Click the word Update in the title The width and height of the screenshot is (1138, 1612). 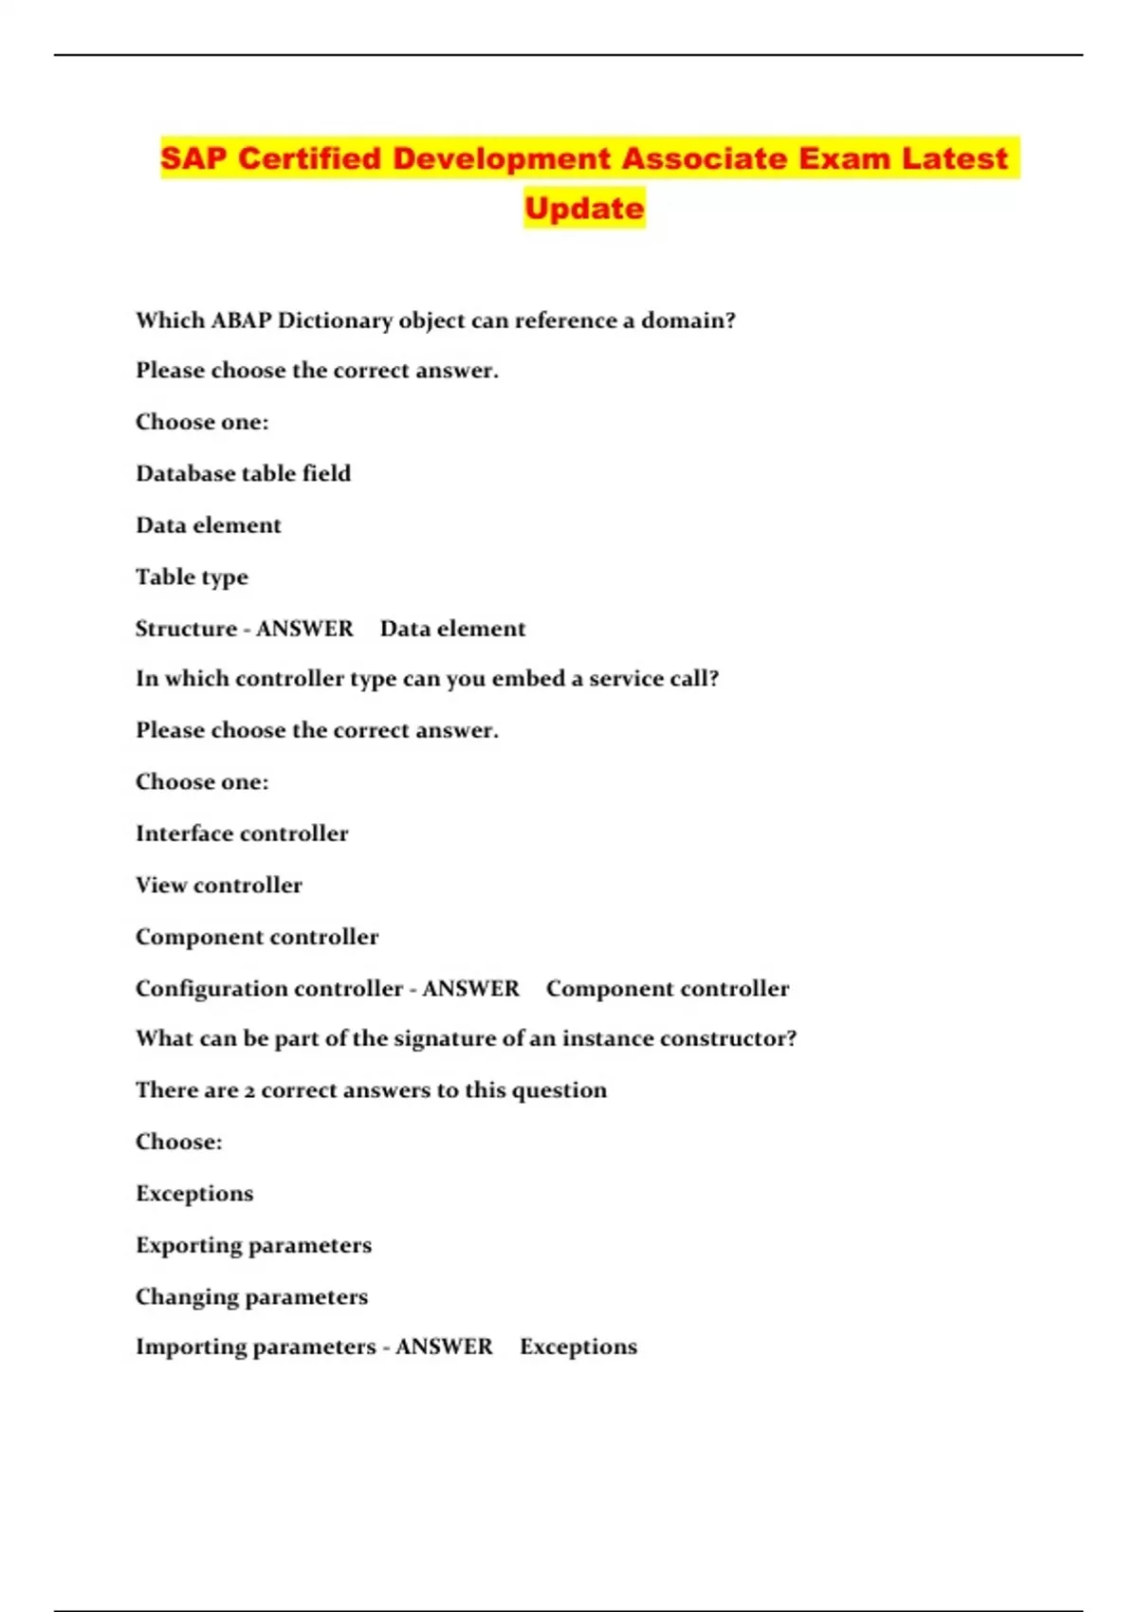[x=584, y=209]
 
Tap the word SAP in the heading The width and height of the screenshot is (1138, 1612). [x=193, y=158]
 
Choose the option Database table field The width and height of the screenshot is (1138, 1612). [x=243, y=473]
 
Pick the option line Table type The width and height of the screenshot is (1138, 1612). [x=192, y=577]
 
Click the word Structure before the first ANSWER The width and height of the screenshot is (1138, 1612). [x=186, y=629]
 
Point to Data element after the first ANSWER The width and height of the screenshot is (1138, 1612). [x=452, y=629]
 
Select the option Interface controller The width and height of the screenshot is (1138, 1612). [x=242, y=833]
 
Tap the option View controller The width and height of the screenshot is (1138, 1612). [x=219, y=885]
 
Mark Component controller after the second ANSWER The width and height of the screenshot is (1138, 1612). [x=667, y=989]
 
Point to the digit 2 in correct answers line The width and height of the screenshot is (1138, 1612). [x=249, y=1091]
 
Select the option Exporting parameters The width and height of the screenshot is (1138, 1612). [x=253, y=1245]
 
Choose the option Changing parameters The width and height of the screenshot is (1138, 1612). [x=251, y=1297]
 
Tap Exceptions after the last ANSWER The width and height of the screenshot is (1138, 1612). [x=578, y=1346]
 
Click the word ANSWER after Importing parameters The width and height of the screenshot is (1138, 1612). [x=444, y=1346]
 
